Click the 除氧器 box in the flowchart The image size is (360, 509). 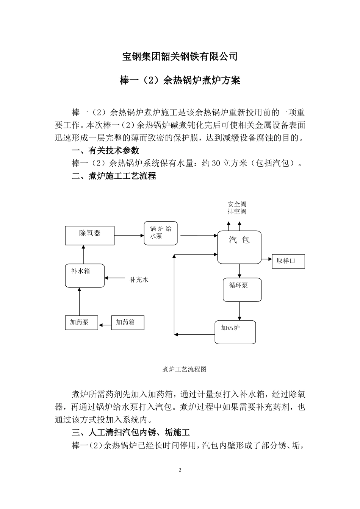click(90, 236)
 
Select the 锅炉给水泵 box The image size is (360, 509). click(161, 233)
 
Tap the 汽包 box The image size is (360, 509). click(239, 247)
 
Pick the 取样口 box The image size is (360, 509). click(288, 261)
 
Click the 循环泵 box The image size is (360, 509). click(242, 290)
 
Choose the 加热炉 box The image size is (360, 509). click(235, 332)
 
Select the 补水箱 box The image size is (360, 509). click(85, 275)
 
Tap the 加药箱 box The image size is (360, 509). click(128, 322)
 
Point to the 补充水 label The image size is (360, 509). click(139, 280)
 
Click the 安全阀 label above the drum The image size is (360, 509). click(237, 204)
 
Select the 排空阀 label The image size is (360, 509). click(237, 211)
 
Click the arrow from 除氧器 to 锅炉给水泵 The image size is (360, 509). click(129, 236)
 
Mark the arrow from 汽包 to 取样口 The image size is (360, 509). click(267, 259)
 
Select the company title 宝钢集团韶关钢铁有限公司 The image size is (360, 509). click(180, 57)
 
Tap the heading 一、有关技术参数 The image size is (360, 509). click(105, 150)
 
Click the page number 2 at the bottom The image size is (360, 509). click(180, 470)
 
